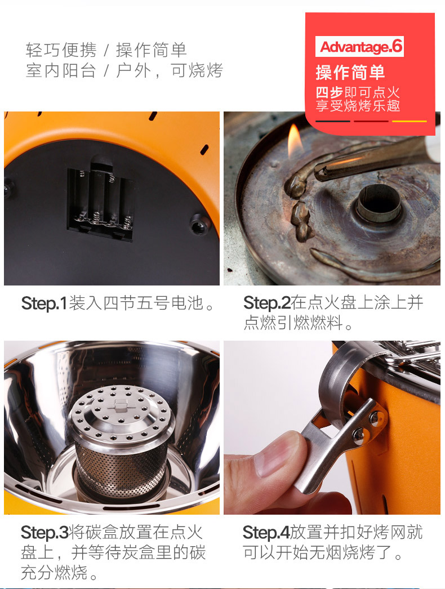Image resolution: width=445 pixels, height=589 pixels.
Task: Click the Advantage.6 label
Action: point(360,47)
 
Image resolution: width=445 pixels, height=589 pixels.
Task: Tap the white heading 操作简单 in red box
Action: point(350,73)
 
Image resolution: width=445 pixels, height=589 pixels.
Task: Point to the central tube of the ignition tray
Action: point(378,203)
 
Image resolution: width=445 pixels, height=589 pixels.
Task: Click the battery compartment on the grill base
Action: point(100,203)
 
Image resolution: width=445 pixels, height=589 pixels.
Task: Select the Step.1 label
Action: point(44,303)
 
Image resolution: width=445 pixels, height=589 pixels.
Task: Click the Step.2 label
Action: point(267,303)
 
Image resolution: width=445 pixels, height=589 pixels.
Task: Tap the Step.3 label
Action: point(44,532)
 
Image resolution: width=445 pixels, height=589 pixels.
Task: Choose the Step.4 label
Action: point(266,532)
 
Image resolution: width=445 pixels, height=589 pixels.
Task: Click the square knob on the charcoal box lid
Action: point(120,405)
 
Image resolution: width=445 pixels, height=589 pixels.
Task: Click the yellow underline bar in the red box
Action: point(410,121)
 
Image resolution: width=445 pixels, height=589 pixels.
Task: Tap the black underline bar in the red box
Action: point(332,121)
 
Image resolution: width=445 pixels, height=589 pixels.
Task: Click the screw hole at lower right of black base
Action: point(198,224)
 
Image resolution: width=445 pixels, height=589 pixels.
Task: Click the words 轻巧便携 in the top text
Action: point(61,50)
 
